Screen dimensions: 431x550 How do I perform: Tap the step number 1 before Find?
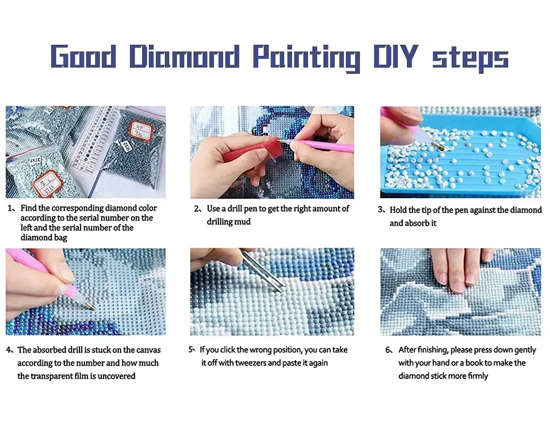pos(10,208)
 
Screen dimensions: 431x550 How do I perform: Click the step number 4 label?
pos(9,350)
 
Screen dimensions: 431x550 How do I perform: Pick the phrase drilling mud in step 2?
pos(229,222)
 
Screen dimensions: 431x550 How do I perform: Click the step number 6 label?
pos(389,350)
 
